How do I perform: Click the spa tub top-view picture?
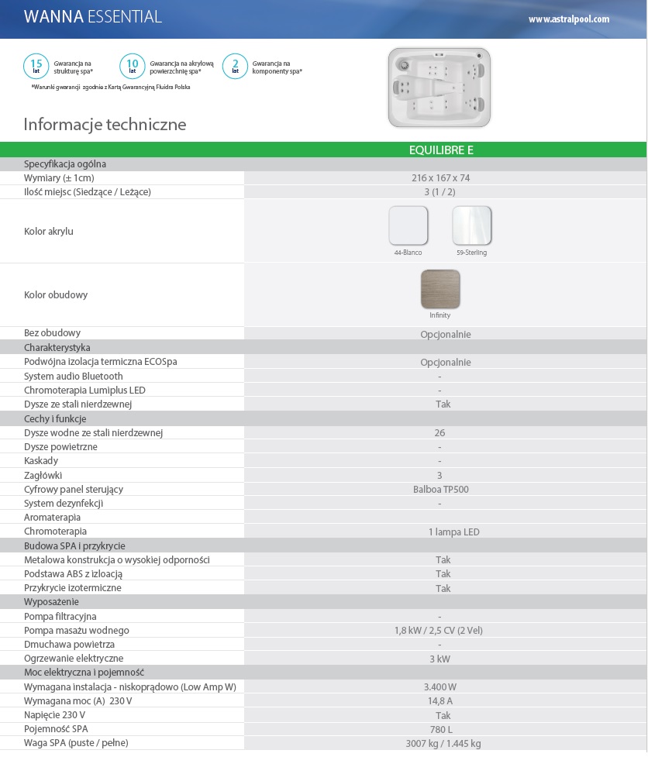(x=439, y=88)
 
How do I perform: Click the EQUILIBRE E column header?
(x=440, y=150)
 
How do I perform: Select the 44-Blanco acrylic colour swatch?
(x=408, y=225)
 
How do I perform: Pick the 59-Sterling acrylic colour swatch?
(x=471, y=225)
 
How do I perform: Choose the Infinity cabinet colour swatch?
(x=439, y=289)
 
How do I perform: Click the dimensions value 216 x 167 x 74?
(x=440, y=178)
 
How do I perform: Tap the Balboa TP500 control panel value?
(x=440, y=490)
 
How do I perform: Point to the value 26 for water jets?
(x=440, y=433)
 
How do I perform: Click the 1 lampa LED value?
(x=453, y=532)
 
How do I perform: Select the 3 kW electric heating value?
(x=439, y=659)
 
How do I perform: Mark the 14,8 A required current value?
(x=439, y=701)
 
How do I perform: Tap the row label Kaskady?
(x=41, y=461)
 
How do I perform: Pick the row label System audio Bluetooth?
(x=74, y=377)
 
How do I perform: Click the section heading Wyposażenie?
(x=51, y=602)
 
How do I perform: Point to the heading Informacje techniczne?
(x=105, y=125)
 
